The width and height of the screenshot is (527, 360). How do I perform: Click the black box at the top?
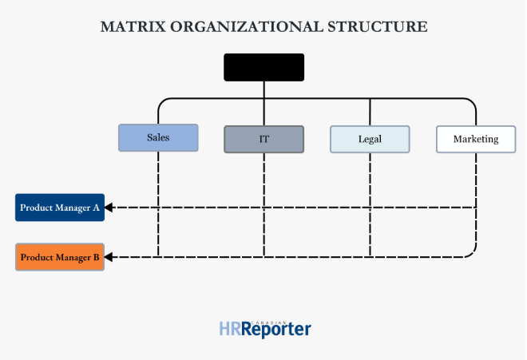[x=263, y=67]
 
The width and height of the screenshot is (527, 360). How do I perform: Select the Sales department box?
[x=157, y=137]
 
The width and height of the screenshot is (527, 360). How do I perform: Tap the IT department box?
[x=263, y=139]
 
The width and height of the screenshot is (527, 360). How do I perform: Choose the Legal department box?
[x=370, y=139]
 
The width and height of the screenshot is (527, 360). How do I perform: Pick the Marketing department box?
[x=475, y=139]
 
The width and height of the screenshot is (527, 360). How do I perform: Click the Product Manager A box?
[x=60, y=208]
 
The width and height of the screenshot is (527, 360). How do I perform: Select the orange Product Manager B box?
[x=60, y=257]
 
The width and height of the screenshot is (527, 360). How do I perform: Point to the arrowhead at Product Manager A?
[x=109, y=208]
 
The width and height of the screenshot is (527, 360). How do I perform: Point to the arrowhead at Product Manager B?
[x=109, y=257]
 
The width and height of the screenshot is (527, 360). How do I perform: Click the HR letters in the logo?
[x=229, y=329]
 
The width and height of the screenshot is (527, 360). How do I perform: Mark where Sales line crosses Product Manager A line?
[x=158, y=208]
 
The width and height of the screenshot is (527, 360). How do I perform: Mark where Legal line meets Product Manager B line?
[x=370, y=257]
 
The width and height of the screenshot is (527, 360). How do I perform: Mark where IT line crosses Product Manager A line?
[x=263, y=208]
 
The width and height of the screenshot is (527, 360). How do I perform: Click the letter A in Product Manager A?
[x=96, y=208]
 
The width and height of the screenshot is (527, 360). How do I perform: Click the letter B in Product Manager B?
[x=96, y=257]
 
